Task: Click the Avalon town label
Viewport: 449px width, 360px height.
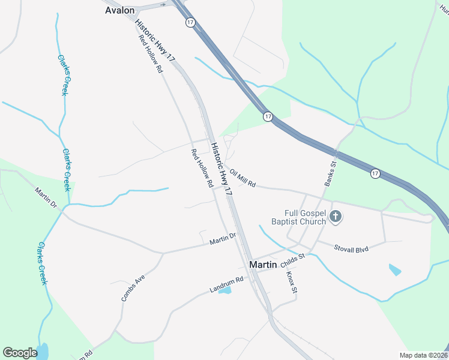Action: pos(119,10)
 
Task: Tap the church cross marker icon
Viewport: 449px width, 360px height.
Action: pos(336,217)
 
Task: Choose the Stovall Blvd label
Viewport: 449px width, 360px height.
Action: pos(351,247)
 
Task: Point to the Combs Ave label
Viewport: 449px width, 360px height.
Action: pos(133,287)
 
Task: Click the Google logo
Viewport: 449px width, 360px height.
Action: pos(20,353)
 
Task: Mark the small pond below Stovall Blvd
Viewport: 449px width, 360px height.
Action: pos(394,269)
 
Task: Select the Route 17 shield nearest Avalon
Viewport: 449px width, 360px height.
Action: pos(190,22)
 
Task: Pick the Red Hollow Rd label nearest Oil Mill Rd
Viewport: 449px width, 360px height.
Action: pos(202,169)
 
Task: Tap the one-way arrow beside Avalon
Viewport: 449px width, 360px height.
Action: pos(163,4)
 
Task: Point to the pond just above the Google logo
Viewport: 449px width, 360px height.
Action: pos(42,350)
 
